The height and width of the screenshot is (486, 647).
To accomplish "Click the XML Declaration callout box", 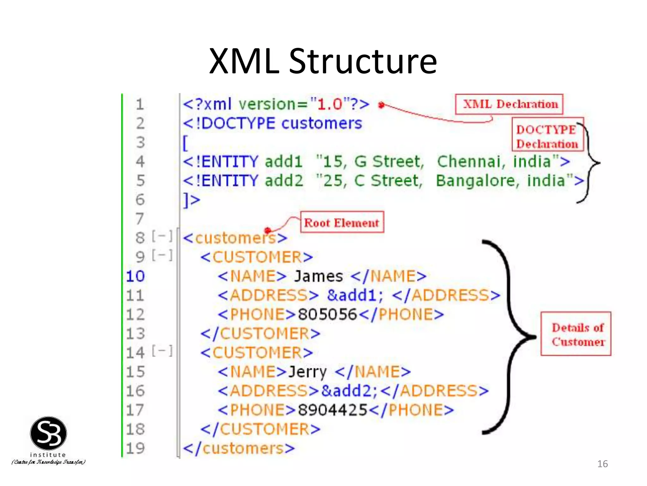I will click(509, 104).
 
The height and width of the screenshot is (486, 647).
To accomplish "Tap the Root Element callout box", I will click(342, 222).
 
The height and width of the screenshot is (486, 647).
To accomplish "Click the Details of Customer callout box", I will click(576, 334).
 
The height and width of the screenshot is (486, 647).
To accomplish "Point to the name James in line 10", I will click(318, 276).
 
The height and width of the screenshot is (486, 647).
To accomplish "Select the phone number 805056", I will click(327, 315).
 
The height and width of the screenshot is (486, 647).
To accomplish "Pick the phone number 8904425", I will click(332, 410).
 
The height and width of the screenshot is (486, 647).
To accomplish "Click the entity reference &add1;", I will click(355, 295).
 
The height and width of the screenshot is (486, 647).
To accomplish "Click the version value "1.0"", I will click(330, 104).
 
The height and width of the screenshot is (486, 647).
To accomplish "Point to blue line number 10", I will click(136, 276).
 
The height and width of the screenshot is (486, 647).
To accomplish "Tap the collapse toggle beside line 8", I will click(162, 236).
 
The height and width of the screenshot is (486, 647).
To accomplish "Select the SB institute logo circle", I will click(48, 433).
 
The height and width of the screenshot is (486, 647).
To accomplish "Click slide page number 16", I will click(602, 464).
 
